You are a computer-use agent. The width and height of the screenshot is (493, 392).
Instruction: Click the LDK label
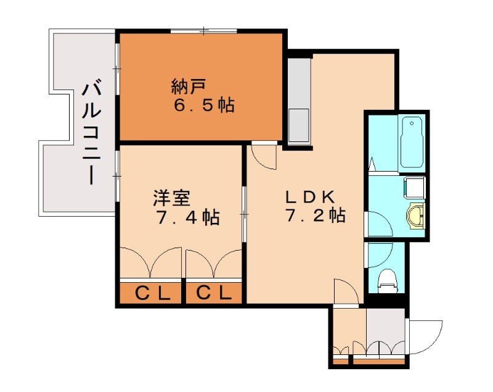click(310, 197)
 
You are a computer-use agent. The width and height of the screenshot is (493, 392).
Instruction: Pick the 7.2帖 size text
click(314, 216)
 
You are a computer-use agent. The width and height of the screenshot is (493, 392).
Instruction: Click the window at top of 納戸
click(204, 30)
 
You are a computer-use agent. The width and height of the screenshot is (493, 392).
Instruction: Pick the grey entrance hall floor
click(386, 330)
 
